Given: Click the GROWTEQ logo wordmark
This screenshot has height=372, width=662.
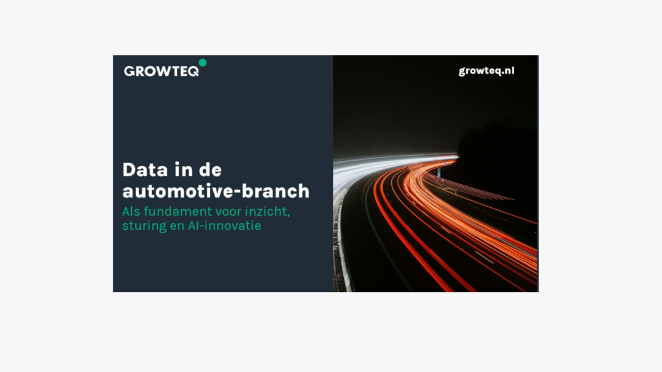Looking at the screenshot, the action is point(161,71).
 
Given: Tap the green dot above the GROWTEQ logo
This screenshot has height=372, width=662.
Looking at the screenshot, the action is point(202,63).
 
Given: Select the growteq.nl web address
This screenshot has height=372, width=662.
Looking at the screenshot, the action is point(486,71).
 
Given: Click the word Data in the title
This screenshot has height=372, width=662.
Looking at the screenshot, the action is point(145,170).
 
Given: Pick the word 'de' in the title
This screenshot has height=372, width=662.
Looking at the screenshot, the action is point(210,170).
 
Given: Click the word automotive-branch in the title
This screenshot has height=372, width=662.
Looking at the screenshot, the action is point(216,191).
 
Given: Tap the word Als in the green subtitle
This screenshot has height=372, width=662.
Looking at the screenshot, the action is point(131,211).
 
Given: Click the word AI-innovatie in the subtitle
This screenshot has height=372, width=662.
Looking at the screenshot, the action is point(224,225).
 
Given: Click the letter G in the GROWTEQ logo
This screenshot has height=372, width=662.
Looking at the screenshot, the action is point(129,71).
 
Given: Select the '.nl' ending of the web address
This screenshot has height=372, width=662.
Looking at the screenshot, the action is point(507,70).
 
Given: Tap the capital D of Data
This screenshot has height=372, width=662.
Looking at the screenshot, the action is point(129,170).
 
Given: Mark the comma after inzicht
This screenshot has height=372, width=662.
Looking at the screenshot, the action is point(288,216).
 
